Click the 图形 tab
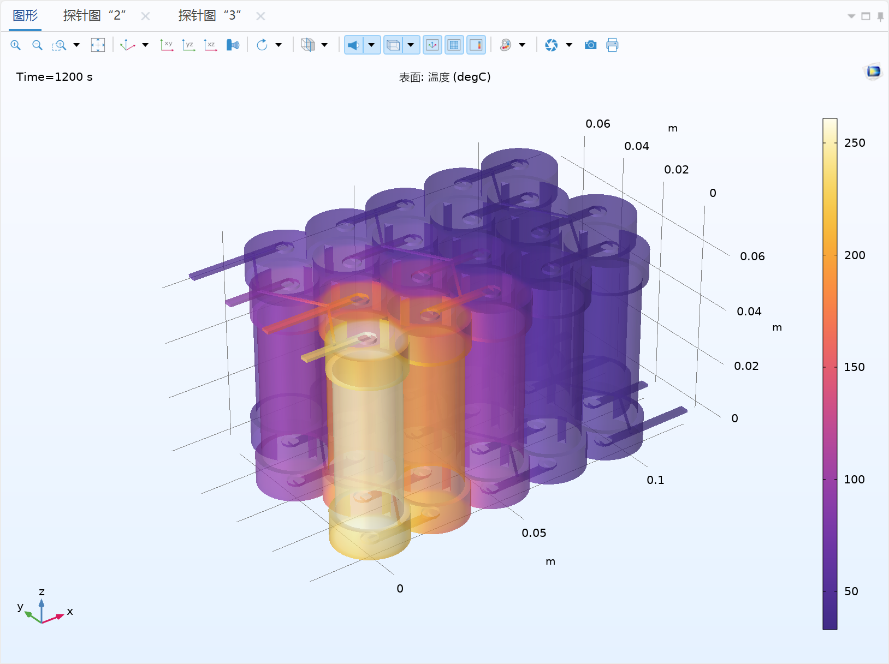point(25,16)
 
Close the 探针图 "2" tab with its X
point(145,16)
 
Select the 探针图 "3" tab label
point(210,16)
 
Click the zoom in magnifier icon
point(16,45)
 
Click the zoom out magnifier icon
point(37,45)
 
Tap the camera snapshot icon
point(590,45)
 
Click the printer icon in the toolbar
point(612,45)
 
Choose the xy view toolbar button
point(167,45)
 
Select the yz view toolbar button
point(189,45)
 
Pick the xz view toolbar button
point(211,45)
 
